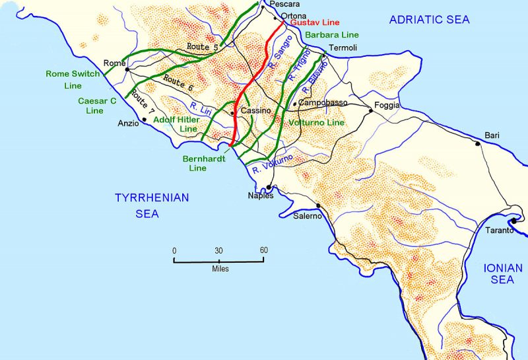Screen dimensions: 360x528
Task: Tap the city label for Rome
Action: pos(115,63)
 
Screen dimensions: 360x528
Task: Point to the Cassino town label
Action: pos(256,111)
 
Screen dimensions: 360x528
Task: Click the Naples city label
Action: pos(260,196)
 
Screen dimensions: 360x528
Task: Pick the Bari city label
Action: pos(492,135)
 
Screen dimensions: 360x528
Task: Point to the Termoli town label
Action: pos(343,48)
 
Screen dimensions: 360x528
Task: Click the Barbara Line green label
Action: pos(332,34)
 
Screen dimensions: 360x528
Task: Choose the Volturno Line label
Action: pos(317,123)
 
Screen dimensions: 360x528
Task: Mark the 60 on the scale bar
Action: pos(263,250)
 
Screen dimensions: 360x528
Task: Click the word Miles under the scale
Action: pos(220,269)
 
